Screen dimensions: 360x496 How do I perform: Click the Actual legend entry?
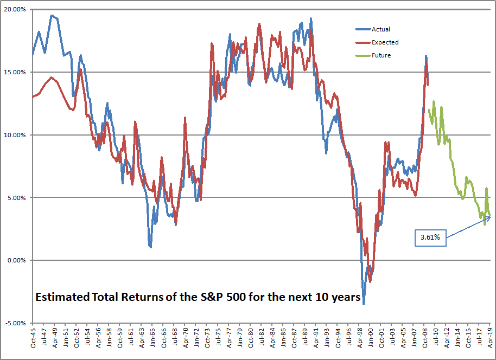[380, 29]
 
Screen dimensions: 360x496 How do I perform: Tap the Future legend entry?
[381, 55]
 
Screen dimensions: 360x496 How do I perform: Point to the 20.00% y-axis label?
[15, 9]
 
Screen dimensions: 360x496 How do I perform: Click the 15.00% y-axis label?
[15, 72]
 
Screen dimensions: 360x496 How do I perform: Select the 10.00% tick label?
[15, 135]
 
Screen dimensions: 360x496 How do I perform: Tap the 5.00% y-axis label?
[16, 198]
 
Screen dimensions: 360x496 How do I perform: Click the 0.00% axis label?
[16, 260]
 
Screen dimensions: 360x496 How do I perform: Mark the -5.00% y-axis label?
[15, 323]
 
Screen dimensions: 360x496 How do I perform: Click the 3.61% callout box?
[431, 237]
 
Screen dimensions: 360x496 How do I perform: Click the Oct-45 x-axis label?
[33, 339]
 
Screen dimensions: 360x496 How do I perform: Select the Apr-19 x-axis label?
[491, 339]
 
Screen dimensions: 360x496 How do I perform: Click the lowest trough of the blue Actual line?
[364, 304]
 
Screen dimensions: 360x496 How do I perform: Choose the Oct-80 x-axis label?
[250, 339]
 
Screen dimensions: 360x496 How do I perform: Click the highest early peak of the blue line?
[52, 15]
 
